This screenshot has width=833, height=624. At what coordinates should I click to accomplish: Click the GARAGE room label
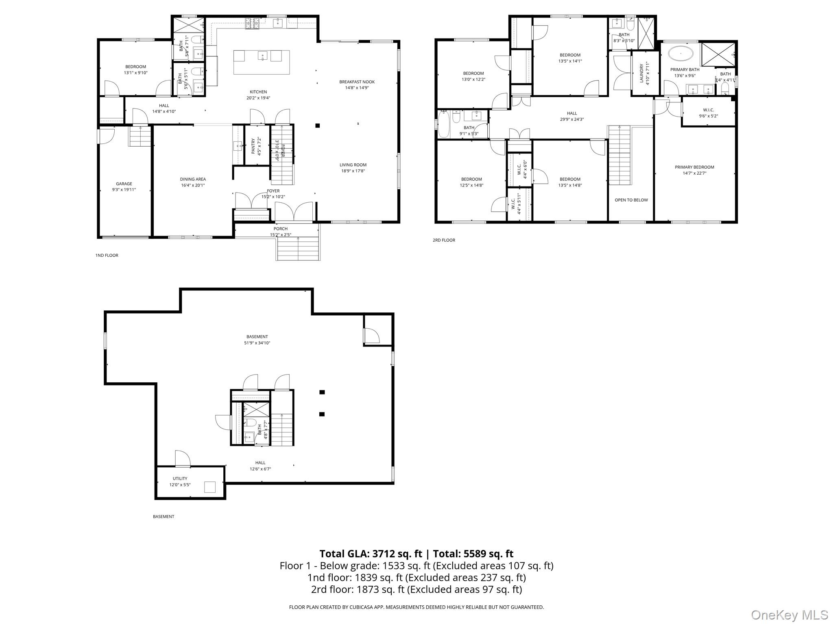tap(124, 184)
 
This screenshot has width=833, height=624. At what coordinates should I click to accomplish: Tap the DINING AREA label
tap(193, 179)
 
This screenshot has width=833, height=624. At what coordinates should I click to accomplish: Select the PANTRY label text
tap(253, 145)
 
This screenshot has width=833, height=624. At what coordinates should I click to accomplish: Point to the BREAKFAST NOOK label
tap(357, 82)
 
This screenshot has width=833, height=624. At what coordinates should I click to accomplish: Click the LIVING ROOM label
tap(353, 165)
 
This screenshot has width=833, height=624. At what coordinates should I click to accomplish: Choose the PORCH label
tap(281, 229)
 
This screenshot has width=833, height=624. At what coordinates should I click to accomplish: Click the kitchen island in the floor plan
tap(262, 62)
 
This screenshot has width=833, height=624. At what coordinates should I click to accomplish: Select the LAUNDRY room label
tap(642, 73)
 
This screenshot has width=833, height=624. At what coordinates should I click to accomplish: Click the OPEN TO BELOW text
tap(631, 200)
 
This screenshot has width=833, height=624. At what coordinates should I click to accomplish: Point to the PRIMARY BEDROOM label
tap(694, 167)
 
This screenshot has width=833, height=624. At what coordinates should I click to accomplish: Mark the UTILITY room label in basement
tap(180, 479)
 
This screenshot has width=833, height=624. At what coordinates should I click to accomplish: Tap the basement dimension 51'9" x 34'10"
tap(257, 343)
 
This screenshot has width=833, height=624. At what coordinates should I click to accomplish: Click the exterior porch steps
tap(298, 249)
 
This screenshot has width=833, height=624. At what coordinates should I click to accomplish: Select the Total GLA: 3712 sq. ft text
tap(371, 554)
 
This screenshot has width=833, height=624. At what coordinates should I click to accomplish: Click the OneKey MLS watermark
tap(789, 615)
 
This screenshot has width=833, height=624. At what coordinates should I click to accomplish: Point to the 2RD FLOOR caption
tap(444, 240)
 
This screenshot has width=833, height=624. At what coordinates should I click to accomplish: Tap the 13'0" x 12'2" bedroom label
tap(473, 80)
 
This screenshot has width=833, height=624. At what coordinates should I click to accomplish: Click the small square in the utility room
tap(209, 487)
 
